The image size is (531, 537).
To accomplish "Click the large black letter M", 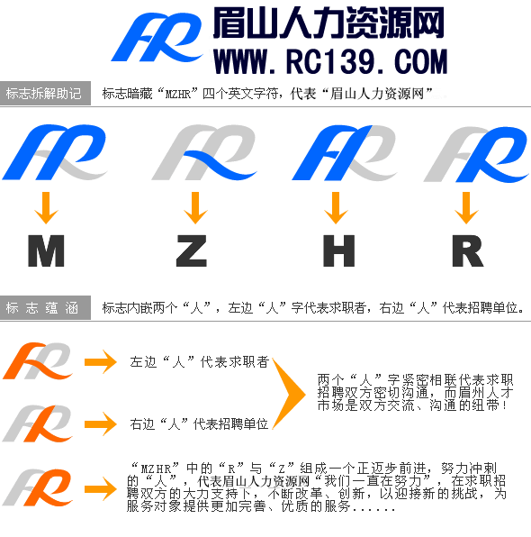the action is (x=46, y=250).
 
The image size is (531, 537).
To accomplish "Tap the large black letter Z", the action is (x=192, y=250).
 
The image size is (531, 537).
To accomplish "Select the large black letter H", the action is (x=338, y=250).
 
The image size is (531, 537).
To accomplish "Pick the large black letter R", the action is (x=468, y=250).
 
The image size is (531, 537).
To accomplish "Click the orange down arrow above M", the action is (x=46, y=208).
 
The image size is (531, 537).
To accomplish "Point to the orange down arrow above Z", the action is (x=195, y=208).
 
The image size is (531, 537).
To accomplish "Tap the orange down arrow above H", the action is (x=336, y=208).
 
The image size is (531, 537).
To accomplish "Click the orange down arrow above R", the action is (x=466, y=208).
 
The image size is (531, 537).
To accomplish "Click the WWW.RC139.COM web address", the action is (x=330, y=61).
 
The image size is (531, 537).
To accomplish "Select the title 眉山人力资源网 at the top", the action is (x=328, y=23).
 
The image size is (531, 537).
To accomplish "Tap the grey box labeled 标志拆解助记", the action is (x=45, y=93).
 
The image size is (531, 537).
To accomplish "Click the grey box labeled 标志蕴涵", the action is (x=45, y=308).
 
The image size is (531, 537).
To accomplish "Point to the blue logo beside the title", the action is (x=157, y=37).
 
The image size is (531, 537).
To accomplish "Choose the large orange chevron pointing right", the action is (x=289, y=394).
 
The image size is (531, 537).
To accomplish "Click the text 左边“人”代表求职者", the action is (x=200, y=361).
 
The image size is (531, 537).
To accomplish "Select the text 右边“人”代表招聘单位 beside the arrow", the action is (x=199, y=424).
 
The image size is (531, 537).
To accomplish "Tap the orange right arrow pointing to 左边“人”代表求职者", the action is (x=101, y=361).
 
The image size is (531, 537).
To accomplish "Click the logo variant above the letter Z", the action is (x=204, y=152).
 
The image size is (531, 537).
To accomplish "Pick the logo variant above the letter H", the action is (x=344, y=152).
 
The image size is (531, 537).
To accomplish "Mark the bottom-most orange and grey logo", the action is (x=38, y=487).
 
